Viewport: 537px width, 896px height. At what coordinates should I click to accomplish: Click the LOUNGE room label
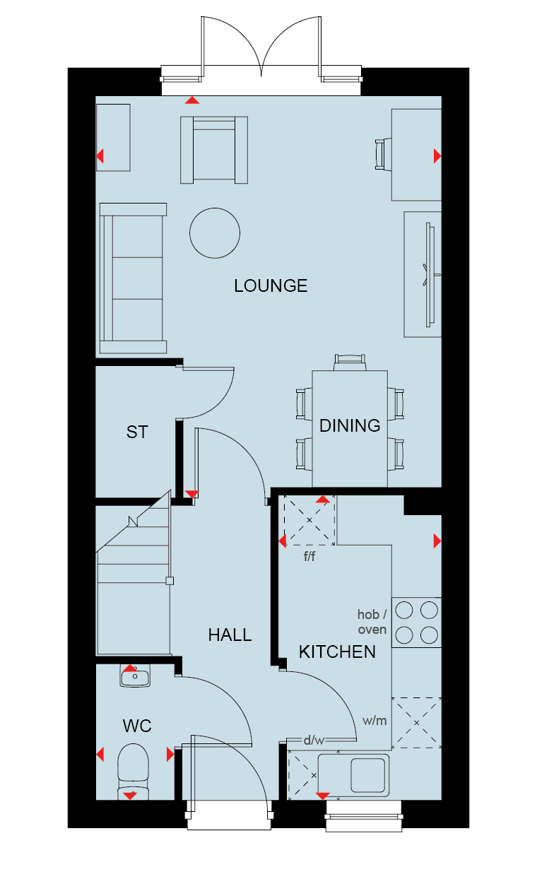271,286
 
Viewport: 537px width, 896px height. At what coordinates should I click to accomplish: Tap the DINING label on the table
350,425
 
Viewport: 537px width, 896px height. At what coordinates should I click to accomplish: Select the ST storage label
137,432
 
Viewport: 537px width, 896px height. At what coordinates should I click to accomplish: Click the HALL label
230,635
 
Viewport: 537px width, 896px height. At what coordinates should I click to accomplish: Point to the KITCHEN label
337,652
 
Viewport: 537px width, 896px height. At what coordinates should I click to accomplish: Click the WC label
137,726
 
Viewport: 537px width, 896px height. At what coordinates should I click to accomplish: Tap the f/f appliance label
309,556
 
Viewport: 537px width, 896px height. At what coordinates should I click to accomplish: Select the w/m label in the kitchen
374,721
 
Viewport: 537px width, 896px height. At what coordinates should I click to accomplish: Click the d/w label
314,741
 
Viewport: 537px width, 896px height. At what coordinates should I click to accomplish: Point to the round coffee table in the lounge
215,233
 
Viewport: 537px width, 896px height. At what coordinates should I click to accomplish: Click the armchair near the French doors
214,150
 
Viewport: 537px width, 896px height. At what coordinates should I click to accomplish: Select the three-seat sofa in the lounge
133,278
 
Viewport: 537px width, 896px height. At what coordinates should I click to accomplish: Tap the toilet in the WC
133,771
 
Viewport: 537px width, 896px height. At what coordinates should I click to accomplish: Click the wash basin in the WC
135,676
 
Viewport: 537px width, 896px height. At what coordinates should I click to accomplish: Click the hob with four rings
417,623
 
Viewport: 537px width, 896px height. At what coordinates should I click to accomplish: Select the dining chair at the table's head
350,362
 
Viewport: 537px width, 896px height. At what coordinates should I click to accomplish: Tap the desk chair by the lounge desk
383,155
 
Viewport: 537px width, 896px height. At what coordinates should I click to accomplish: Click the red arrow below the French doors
192,100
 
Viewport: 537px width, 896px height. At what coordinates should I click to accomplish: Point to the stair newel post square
170,581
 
